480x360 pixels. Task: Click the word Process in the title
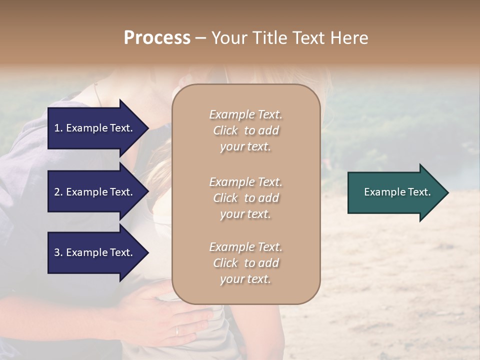(157, 38)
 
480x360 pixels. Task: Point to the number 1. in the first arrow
(58, 128)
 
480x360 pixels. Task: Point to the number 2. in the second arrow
(58, 192)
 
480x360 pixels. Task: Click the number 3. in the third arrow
(58, 252)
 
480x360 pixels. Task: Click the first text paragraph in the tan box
(245, 130)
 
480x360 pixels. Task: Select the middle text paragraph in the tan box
(245, 197)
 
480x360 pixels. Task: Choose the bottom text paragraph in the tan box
(245, 263)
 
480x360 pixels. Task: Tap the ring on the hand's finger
(177, 330)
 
